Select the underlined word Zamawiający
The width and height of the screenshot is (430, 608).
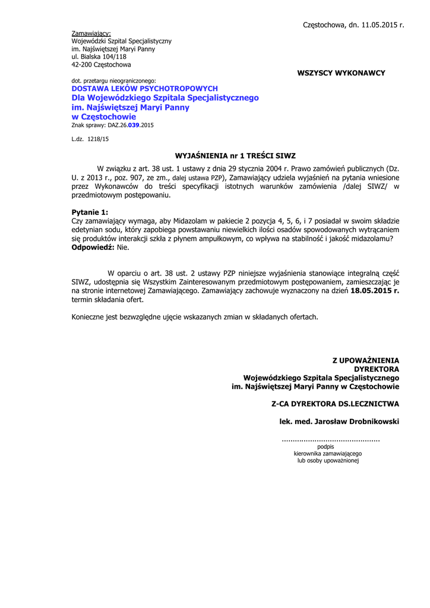point(91,33)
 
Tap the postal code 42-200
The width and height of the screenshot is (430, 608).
point(81,65)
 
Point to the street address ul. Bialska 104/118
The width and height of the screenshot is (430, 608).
point(99,57)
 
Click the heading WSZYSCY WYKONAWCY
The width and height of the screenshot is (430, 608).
point(341,73)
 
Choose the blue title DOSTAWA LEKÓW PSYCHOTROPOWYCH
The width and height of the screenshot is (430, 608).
point(144,88)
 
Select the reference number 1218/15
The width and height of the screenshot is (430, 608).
point(98,139)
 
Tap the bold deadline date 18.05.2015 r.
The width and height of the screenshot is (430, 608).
point(375,292)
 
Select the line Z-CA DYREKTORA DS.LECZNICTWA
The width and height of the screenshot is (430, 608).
point(335,404)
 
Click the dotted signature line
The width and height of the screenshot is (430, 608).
point(330,440)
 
